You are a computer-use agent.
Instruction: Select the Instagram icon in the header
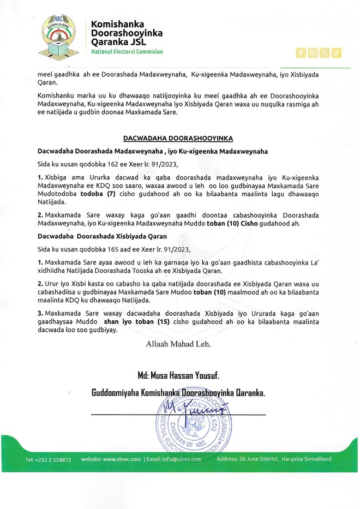[313, 52]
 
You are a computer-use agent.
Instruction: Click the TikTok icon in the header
[337, 52]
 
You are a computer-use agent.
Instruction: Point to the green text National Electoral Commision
[127, 51]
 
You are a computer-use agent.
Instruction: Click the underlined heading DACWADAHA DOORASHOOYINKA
[179, 138]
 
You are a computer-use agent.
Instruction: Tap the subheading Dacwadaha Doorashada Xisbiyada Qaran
[102, 236]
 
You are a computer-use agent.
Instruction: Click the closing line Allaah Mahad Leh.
[178, 344]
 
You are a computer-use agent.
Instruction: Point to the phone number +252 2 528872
[48, 459]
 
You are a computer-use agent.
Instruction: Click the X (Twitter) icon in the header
[325, 52]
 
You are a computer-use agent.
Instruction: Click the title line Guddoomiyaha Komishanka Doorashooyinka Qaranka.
[178, 393]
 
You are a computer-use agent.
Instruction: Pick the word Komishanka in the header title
[117, 25]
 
